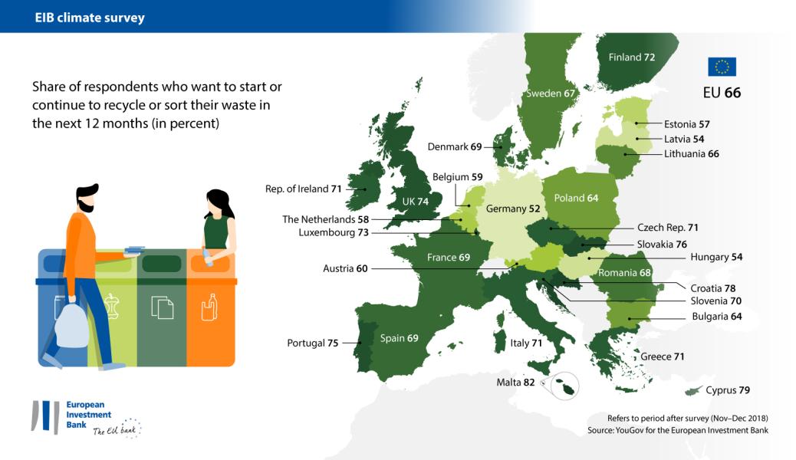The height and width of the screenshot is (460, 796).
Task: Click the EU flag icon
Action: pos(722,67)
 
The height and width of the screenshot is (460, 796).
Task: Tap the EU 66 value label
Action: pos(722,94)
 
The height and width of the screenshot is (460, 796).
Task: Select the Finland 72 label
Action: pos(631,57)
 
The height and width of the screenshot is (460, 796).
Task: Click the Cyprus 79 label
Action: pos(727,390)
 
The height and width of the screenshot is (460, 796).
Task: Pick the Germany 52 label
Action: pos(512,209)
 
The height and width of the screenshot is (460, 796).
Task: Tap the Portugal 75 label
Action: pos(312,343)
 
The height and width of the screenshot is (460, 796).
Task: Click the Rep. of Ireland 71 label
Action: pos(303,188)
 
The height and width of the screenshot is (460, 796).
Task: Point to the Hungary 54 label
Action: pos(716,257)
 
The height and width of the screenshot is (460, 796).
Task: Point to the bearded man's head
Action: pos(87,197)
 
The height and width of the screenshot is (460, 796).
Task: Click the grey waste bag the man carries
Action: pos(71,324)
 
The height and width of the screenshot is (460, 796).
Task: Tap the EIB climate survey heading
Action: pos(90,17)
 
